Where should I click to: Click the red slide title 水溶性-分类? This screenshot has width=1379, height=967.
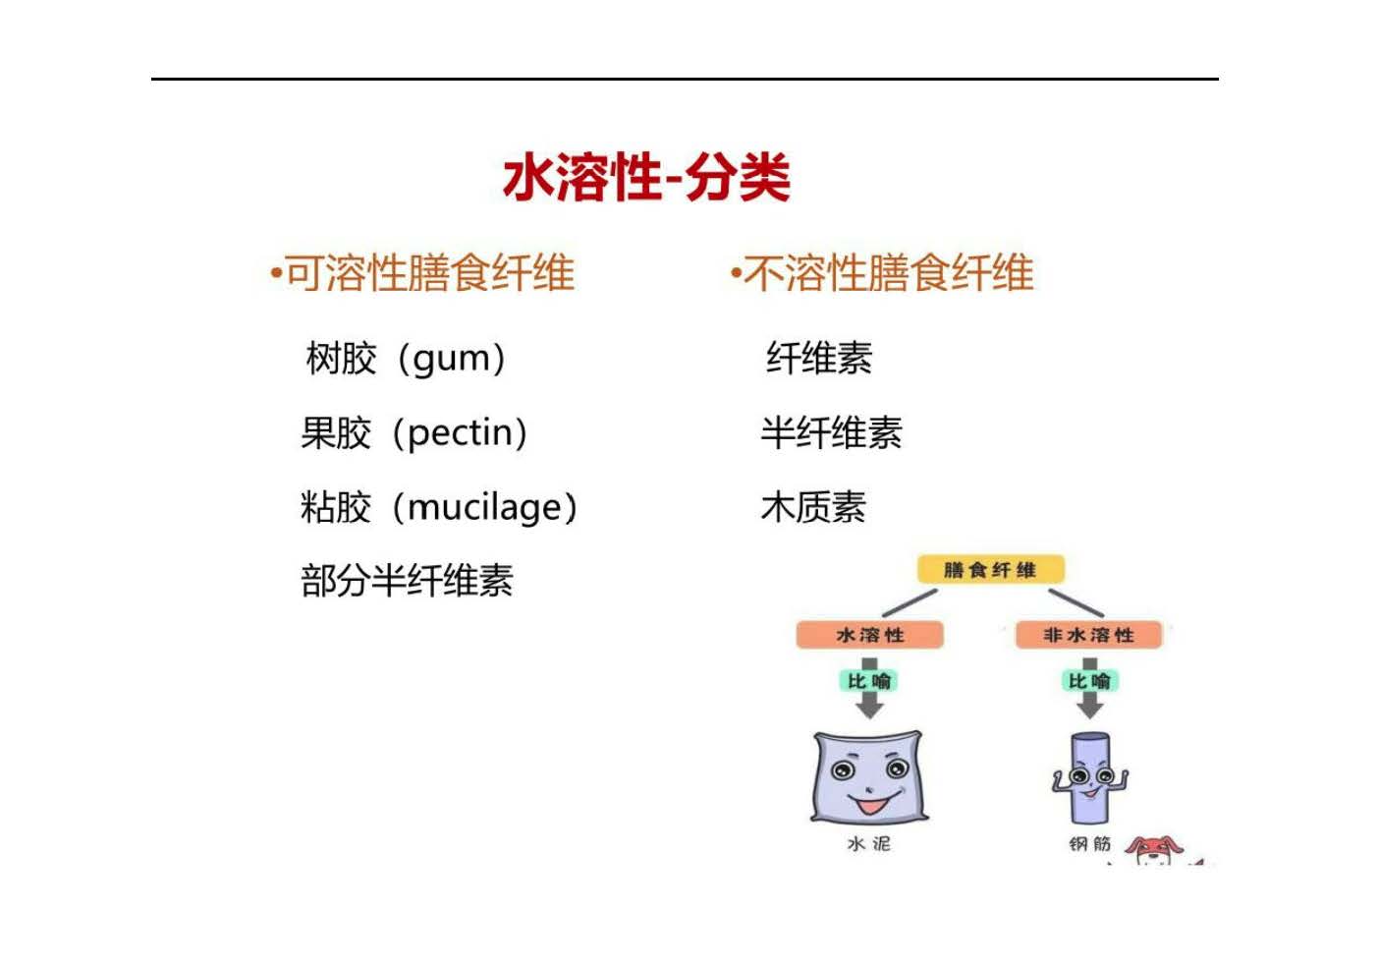646,178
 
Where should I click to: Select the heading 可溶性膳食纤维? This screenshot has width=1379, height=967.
429,272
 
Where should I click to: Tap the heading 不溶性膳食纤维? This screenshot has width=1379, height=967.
888,272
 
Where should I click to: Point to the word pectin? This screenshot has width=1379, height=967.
460,433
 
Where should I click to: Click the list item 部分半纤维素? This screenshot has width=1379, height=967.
407,580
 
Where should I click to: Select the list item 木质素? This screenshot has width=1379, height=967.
813,507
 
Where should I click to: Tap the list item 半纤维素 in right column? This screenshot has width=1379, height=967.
831,432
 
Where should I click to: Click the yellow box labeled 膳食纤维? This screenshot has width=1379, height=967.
990,570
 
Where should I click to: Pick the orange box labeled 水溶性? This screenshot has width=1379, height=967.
869,635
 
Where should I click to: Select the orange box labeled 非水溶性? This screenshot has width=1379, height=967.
1088,635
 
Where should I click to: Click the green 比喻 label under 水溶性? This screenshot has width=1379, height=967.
869,681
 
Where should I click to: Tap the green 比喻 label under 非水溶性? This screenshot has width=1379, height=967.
1089,681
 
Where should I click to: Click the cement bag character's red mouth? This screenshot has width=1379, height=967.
872,804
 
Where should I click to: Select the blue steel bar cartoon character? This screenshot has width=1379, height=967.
1089,778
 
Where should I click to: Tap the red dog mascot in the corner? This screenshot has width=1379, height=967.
1155,851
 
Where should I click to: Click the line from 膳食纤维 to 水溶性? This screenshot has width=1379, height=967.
910,603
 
